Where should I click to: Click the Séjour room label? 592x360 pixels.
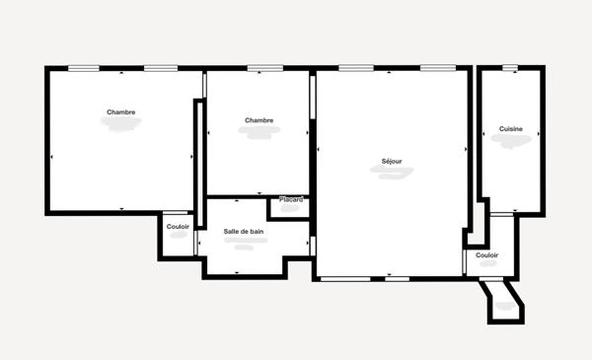[392, 161]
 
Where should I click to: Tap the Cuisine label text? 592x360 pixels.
[511, 129]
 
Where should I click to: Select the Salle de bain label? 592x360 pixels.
[244, 232]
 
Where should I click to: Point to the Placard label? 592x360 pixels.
[291, 200]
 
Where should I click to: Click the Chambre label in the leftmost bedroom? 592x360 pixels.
[121, 111]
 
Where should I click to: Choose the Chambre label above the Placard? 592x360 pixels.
[259, 120]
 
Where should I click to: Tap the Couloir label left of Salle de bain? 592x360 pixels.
[178, 227]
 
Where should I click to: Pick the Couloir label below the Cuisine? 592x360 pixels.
[486, 255]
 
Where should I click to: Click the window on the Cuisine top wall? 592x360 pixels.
[509, 68]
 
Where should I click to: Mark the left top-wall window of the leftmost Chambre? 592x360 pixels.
[84, 68]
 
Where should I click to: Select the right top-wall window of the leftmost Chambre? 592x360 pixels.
[160, 68]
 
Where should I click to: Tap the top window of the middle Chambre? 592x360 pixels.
[260, 68]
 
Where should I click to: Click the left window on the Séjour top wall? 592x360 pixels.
[353, 68]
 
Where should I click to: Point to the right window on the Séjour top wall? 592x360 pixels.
[435, 68]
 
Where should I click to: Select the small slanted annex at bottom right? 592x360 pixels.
[504, 304]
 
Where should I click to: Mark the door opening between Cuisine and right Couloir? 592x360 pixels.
[502, 213]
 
